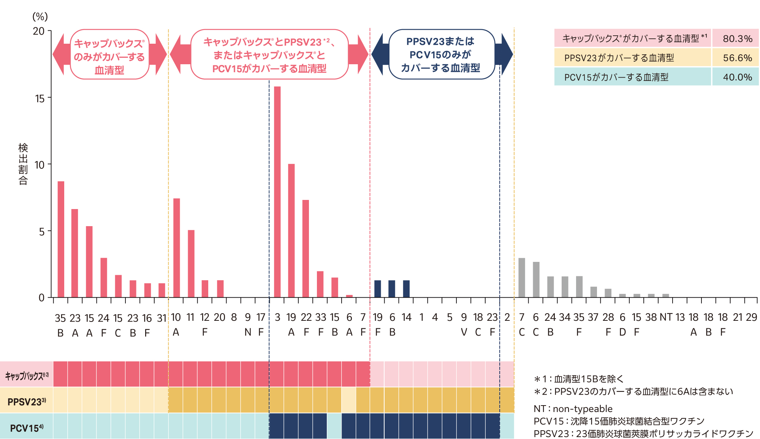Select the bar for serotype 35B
[61, 239]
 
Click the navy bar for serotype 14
[406, 289]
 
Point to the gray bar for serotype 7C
[522, 278]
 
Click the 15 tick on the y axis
[40, 99]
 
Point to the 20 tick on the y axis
[39, 31]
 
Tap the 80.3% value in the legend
[737, 38]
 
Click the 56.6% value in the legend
[737, 58]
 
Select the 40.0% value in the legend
[737, 77]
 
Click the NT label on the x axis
[666, 317]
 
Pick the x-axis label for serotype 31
[162, 318]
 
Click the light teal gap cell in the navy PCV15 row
[334, 426]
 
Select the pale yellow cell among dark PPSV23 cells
[349, 400]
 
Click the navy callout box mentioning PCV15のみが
[441, 54]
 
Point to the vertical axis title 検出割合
[23, 164]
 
